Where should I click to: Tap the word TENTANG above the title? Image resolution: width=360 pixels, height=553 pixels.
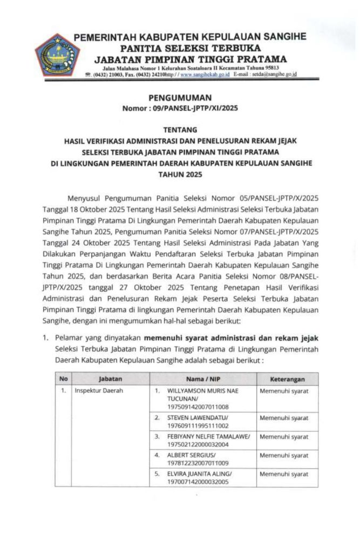[179, 130]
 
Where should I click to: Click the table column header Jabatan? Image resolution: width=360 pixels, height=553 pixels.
[110, 379]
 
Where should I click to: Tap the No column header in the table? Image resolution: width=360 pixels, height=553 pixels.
[64, 379]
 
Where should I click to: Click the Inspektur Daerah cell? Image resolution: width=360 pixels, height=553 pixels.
[99, 390]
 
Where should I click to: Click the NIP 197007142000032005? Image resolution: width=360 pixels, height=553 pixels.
[198, 481]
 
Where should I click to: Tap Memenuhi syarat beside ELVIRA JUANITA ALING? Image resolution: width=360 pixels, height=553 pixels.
[284, 474]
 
